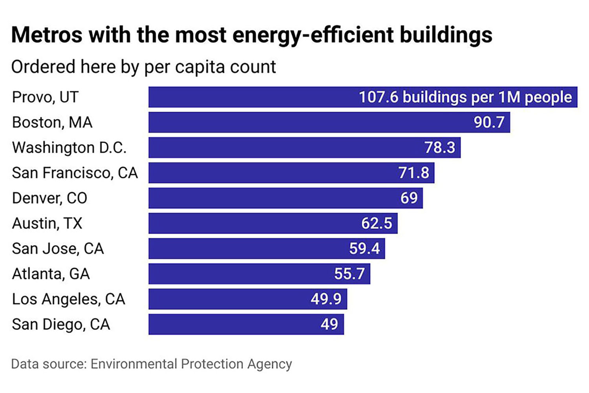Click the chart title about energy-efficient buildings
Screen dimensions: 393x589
(251, 35)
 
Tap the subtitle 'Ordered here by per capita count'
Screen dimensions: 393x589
(143, 67)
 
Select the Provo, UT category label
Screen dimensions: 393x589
(45, 97)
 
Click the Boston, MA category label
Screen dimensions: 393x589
(52, 122)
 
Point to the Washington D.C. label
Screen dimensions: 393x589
(69, 148)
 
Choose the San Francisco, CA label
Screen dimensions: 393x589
(75, 173)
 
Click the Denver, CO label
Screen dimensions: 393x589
(49, 198)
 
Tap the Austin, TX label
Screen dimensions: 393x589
(47, 223)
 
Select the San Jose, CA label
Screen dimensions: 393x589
(58, 249)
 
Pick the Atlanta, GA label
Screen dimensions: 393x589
(51, 274)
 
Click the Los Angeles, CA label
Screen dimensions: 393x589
(68, 299)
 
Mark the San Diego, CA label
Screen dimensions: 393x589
(61, 325)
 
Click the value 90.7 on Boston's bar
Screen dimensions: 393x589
(489, 122)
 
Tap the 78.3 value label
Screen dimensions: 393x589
(440, 148)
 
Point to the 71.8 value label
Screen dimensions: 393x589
(414, 173)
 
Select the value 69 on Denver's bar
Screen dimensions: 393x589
(409, 198)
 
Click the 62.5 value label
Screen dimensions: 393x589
(377, 223)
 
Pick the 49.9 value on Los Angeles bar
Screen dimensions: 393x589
(326, 299)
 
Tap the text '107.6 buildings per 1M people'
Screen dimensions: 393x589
(465, 97)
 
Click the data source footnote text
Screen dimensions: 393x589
(152, 364)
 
